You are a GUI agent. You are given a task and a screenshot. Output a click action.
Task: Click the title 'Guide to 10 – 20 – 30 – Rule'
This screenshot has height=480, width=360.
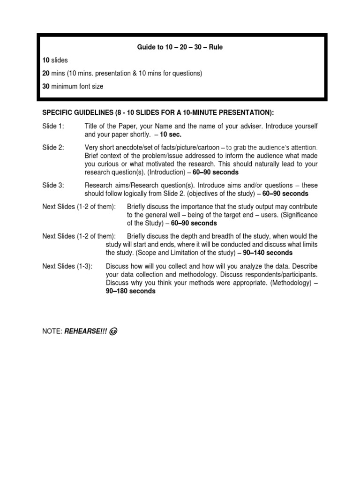pyautogui.click(x=180, y=47)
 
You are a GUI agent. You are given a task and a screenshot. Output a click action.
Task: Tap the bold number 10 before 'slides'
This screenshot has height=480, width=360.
pyautogui.click(x=46, y=60)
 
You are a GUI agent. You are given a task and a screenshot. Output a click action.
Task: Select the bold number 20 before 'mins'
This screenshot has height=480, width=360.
pyautogui.click(x=46, y=74)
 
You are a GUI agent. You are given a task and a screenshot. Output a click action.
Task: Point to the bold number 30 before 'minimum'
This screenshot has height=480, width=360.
pyautogui.click(x=46, y=87)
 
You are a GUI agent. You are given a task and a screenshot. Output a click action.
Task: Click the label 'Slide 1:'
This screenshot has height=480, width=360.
pyautogui.click(x=53, y=126)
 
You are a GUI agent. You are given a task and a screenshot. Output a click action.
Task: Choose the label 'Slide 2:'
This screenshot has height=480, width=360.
pyautogui.click(x=53, y=148)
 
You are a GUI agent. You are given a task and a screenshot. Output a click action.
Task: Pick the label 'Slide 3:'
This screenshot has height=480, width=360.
pyautogui.click(x=53, y=186)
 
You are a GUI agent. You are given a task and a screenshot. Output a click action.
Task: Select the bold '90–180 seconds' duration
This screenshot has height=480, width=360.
pyautogui.click(x=131, y=291)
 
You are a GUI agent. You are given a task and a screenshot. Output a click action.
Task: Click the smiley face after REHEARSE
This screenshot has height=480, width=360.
pyautogui.click(x=112, y=331)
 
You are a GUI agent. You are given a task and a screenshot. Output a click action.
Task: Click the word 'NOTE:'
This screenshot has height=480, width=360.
pyautogui.click(x=52, y=331)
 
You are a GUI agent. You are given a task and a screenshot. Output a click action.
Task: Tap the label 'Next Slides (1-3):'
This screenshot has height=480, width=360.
pyautogui.click(x=67, y=266)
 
